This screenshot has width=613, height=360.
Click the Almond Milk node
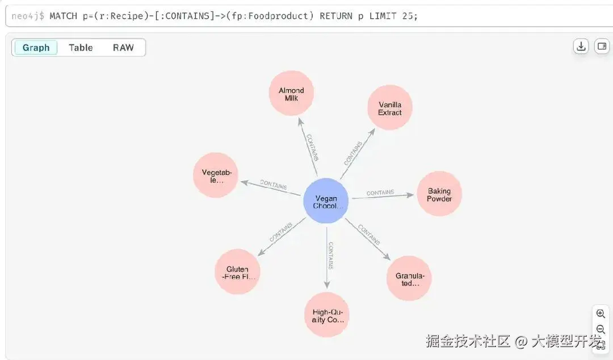(x=291, y=94)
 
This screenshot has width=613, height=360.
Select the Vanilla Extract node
(x=389, y=108)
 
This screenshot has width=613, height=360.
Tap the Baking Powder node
(x=439, y=194)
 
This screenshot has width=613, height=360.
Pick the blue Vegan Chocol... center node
(x=325, y=201)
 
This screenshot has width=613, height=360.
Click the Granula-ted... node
(x=409, y=278)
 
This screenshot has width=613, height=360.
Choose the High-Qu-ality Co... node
(x=327, y=315)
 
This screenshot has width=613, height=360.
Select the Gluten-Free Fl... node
(x=238, y=272)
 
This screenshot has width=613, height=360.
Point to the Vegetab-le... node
(x=216, y=175)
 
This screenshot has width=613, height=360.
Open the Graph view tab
(x=36, y=48)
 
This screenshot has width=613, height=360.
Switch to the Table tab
(x=81, y=48)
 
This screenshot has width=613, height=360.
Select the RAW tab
(x=123, y=48)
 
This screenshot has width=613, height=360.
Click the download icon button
(x=581, y=47)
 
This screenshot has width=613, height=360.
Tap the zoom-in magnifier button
(x=601, y=314)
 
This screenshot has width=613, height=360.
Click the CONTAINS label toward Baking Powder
(x=380, y=192)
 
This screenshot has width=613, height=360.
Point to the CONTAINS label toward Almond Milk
(x=312, y=147)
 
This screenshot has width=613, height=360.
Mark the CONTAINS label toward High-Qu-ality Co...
(x=330, y=255)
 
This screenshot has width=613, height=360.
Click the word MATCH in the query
(x=64, y=16)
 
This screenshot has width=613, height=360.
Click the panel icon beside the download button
(x=602, y=47)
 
